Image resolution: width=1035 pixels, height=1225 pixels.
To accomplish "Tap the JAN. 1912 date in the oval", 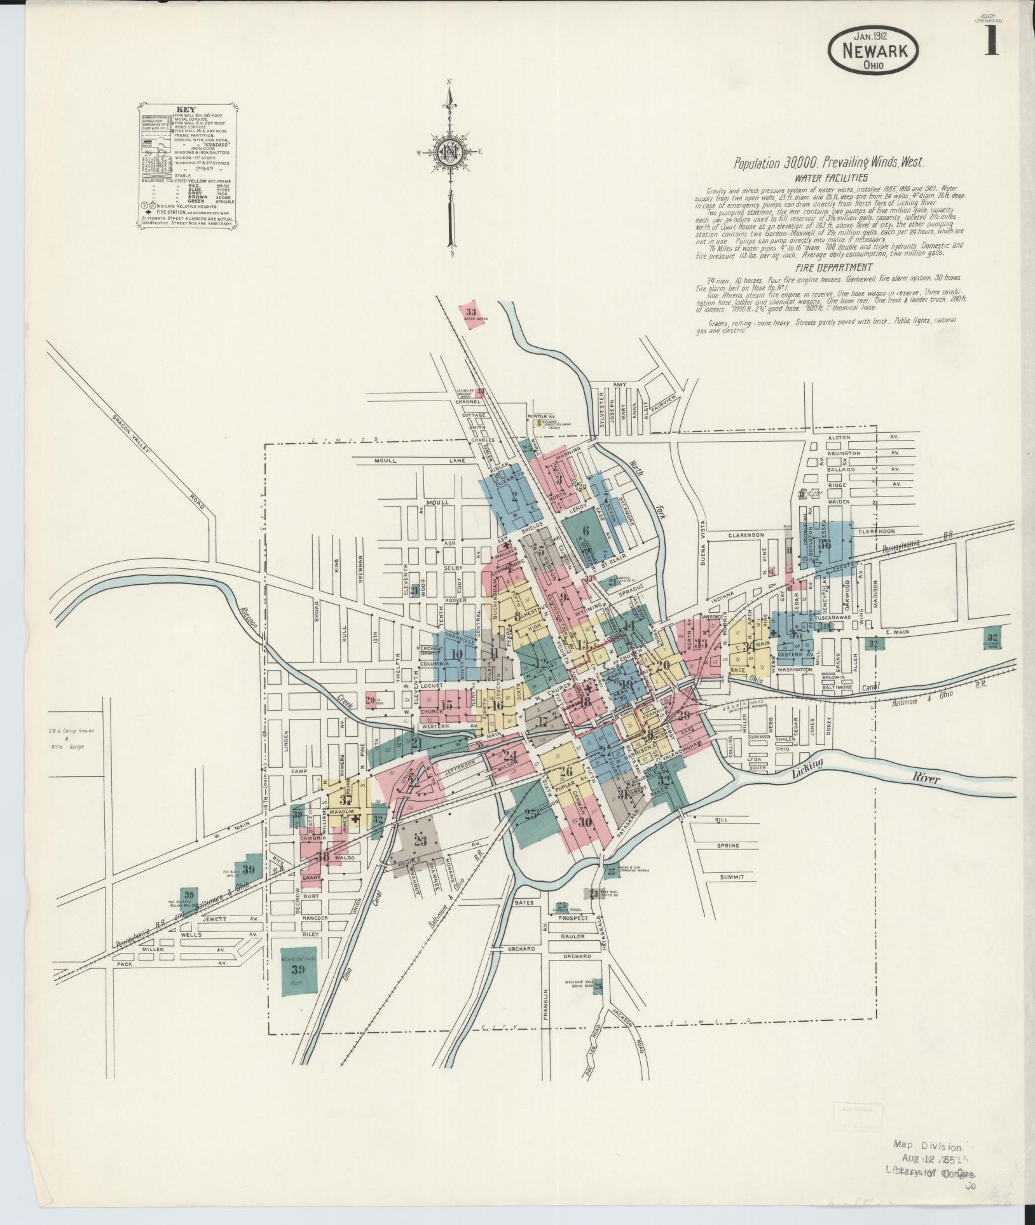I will (874, 37).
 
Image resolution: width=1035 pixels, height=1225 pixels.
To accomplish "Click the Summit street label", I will (732, 877).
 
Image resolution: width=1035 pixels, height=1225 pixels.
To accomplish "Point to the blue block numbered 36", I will (826, 545).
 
